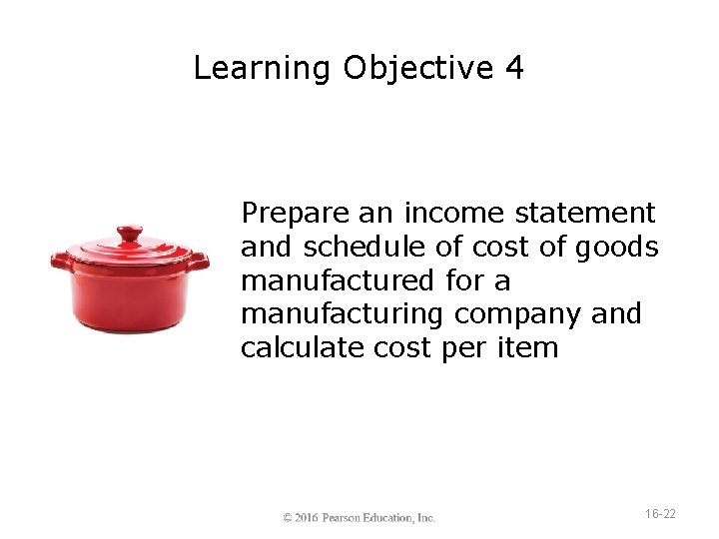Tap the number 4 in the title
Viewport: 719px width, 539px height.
click(513, 69)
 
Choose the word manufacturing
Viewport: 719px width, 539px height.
click(344, 314)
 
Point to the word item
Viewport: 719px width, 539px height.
click(528, 348)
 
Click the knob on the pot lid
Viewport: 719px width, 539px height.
click(130, 235)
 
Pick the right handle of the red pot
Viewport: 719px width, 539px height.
click(199, 262)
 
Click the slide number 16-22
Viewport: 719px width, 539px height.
click(660, 514)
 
